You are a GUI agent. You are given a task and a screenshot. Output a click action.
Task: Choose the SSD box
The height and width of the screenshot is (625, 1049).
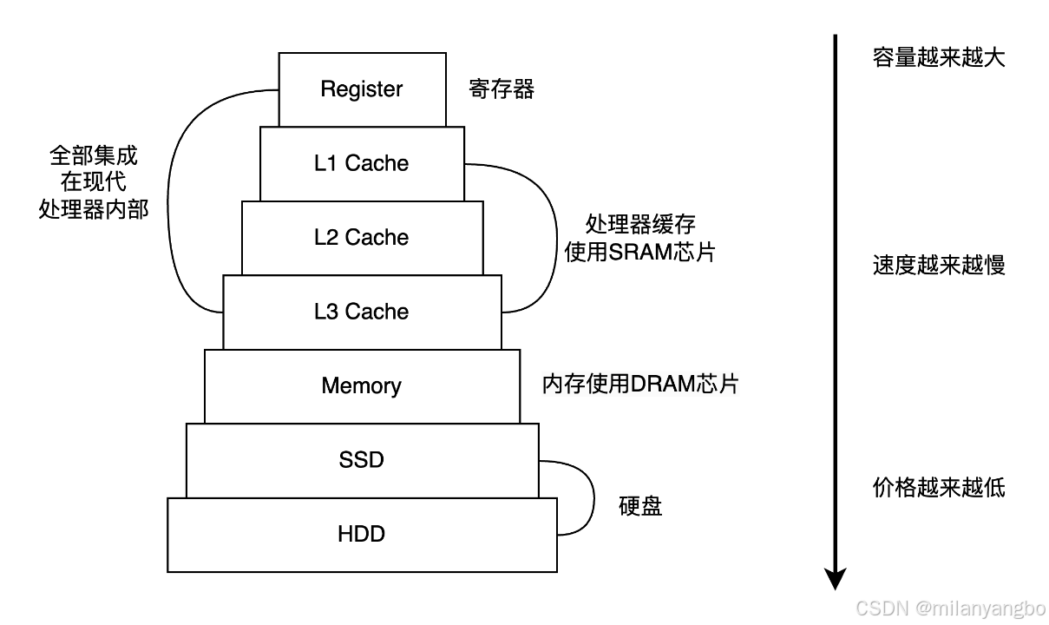[x=362, y=460]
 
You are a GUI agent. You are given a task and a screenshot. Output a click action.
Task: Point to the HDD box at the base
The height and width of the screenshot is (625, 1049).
[x=362, y=534]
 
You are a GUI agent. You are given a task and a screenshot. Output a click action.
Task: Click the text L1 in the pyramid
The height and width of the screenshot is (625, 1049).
[x=325, y=163]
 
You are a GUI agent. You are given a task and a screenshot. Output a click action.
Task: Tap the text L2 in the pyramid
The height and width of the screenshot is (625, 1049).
[x=326, y=238]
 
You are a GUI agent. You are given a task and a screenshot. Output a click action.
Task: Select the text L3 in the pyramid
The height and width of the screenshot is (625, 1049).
[x=326, y=312]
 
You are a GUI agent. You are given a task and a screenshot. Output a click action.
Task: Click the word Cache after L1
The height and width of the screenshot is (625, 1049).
[x=377, y=163]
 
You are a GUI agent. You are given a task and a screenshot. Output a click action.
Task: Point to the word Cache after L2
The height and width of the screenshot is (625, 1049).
[x=377, y=238]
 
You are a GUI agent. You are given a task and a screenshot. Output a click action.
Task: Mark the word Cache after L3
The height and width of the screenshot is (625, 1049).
[x=377, y=312]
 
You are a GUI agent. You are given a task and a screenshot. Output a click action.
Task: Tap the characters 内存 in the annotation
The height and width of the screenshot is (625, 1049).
[x=564, y=385]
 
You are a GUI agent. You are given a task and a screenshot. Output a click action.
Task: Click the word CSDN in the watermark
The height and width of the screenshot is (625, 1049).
[x=880, y=606]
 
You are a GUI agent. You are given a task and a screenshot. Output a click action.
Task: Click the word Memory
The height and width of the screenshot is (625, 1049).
[x=362, y=385]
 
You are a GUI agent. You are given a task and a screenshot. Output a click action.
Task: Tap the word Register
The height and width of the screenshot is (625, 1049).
[x=362, y=89]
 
